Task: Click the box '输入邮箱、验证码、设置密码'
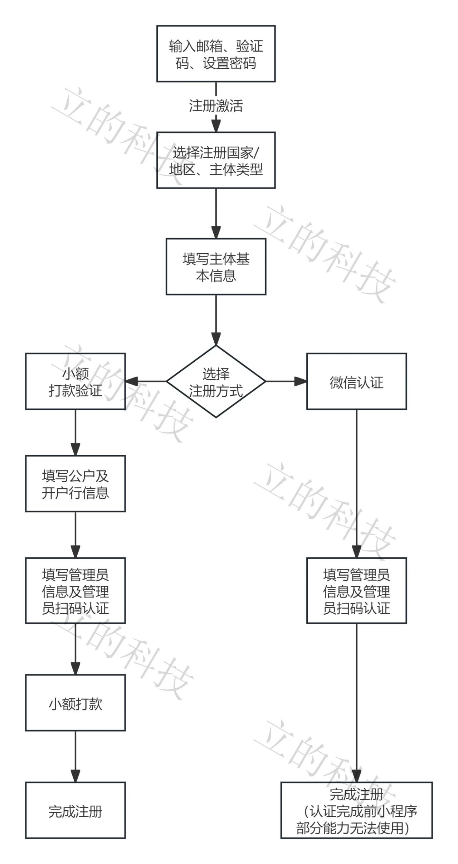click(x=216, y=54)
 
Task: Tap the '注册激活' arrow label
click(x=216, y=106)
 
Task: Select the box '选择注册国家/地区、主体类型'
click(x=216, y=160)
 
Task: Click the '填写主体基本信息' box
click(x=216, y=267)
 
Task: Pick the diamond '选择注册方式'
click(x=216, y=381)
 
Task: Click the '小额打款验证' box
click(x=75, y=381)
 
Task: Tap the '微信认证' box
click(x=356, y=381)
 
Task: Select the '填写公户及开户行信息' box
click(x=75, y=484)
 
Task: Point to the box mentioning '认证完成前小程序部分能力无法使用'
click(x=356, y=810)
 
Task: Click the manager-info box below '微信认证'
click(x=356, y=591)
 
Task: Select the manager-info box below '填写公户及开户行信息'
click(x=75, y=591)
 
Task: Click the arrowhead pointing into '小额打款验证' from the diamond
click(x=131, y=381)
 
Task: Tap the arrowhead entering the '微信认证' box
click(x=301, y=381)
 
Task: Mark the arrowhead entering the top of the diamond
click(x=216, y=339)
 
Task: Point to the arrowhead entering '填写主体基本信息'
click(x=216, y=233)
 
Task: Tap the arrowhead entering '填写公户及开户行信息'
click(x=75, y=449)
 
